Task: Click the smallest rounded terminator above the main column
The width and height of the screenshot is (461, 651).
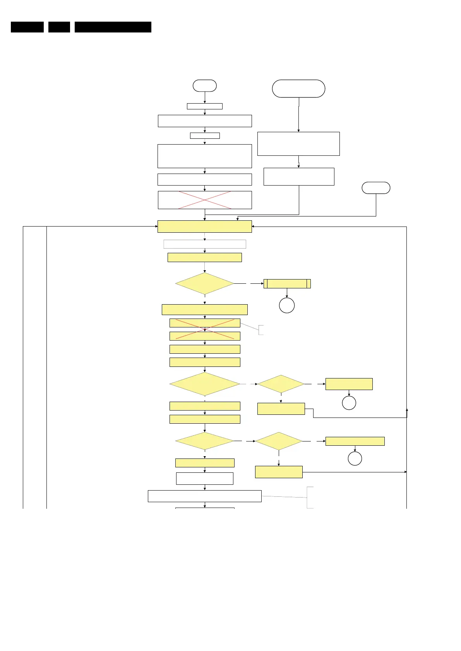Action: coord(205,85)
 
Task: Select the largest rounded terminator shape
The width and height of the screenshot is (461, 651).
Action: coord(298,89)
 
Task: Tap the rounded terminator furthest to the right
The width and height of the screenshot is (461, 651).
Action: coord(376,188)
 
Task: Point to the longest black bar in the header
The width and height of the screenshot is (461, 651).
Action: coord(113,27)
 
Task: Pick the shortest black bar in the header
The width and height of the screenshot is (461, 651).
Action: coord(59,27)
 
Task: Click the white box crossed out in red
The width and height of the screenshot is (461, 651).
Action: coord(205,200)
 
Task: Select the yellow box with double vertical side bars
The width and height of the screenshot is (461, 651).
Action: coord(287,284)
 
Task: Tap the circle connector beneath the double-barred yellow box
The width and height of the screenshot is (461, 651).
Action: coord(287,305)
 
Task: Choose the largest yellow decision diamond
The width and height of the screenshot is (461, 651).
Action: coord(205,384)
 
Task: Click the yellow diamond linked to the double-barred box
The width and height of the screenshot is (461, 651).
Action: coord(205,284)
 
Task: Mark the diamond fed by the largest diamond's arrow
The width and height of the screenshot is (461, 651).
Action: coord(281,384)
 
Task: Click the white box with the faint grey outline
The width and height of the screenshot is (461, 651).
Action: coord(205,244)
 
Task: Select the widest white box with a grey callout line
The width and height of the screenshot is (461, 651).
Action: coord(205,496)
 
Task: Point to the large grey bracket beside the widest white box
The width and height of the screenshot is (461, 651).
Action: coord(310,498)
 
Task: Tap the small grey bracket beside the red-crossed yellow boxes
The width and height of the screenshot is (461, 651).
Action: coord(261,330)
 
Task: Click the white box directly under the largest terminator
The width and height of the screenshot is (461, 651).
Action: coord(298,144)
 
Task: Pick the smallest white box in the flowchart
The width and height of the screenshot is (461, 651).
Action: coord(205,136)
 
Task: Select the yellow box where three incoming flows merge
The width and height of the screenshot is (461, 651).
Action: coord(205,227)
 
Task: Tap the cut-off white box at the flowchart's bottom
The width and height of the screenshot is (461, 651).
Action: coord(205,508)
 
